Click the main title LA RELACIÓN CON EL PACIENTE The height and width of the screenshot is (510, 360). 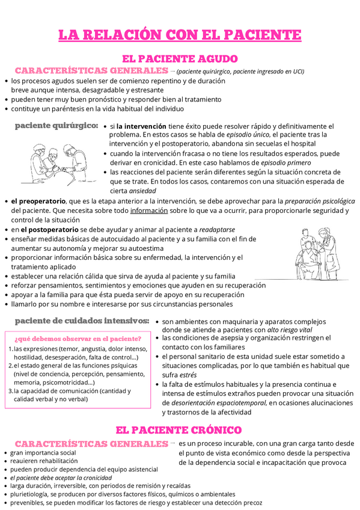180,35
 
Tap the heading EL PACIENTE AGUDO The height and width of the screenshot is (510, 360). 180,59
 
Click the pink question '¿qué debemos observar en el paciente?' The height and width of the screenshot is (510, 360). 77,338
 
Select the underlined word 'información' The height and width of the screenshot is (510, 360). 148,210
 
